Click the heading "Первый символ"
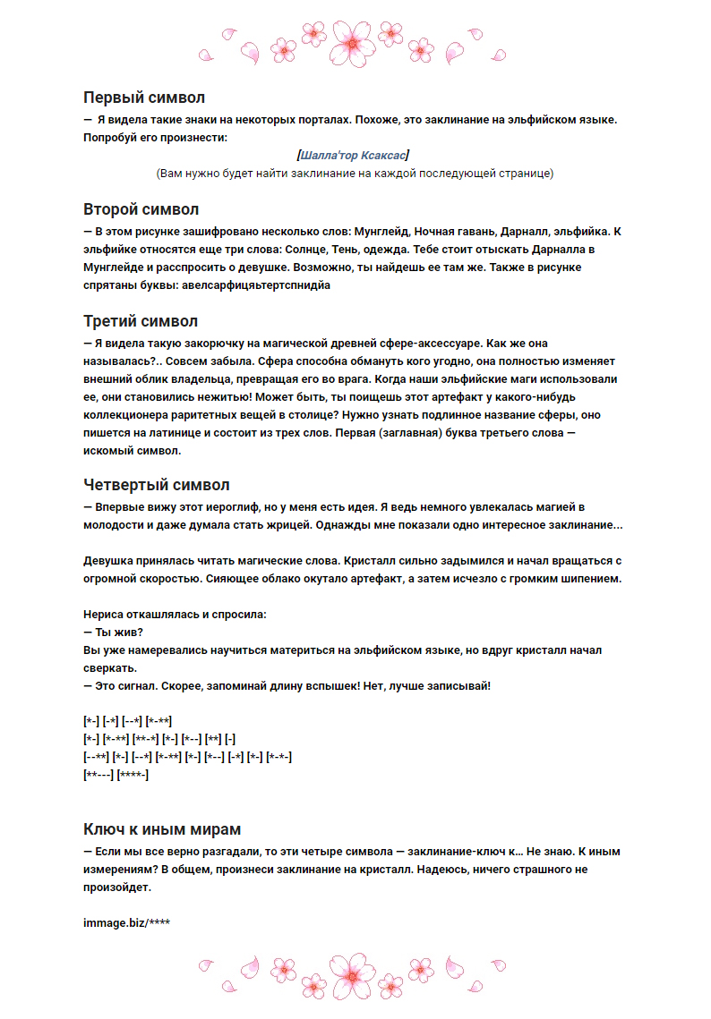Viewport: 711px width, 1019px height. (x=144, y=98)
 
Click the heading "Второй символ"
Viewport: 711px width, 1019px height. (x=141, y=210)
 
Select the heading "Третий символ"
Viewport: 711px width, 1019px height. (x=141, y=321)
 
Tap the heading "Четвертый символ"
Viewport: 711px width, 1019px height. (x=157, y=486)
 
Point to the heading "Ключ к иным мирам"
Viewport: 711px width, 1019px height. (x=161, y=829)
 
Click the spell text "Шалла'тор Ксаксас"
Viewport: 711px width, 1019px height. (x=355, y=156)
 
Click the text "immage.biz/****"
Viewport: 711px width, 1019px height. (x=126, y=921)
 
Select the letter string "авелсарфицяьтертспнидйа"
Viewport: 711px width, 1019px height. (x=254, y=285)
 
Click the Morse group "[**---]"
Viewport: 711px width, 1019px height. (x=98, y=775)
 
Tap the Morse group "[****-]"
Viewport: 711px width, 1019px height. (x=133, y=775)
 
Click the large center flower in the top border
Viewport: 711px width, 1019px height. (x=355, y=40)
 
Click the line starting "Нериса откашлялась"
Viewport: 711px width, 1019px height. (x=175, y=615)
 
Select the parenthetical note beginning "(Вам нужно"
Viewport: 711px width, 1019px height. (x=355, y=174)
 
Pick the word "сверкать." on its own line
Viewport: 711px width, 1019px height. (x=110, y=668)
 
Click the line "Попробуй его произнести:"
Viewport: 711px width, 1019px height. (x=155, y=138)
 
